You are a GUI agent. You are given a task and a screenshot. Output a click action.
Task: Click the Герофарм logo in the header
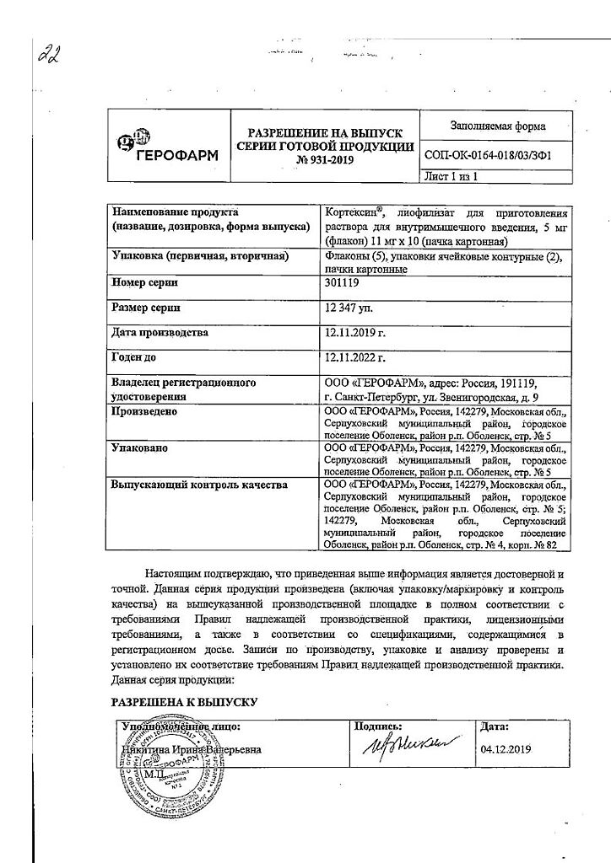pyautogui.click(x=166, y=147)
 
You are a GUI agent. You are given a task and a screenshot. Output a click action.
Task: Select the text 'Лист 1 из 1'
pyautogui.click(x=451, y=177)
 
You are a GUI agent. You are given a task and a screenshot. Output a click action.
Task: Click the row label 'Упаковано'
pyautogui.click(x=139, y=448)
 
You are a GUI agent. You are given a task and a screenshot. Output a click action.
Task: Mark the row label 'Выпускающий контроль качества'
pyautogui.click(x=199, y=485)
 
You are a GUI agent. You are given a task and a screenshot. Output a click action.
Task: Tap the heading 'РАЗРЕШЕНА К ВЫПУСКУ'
pyautogui.click(x=183, y=701)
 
